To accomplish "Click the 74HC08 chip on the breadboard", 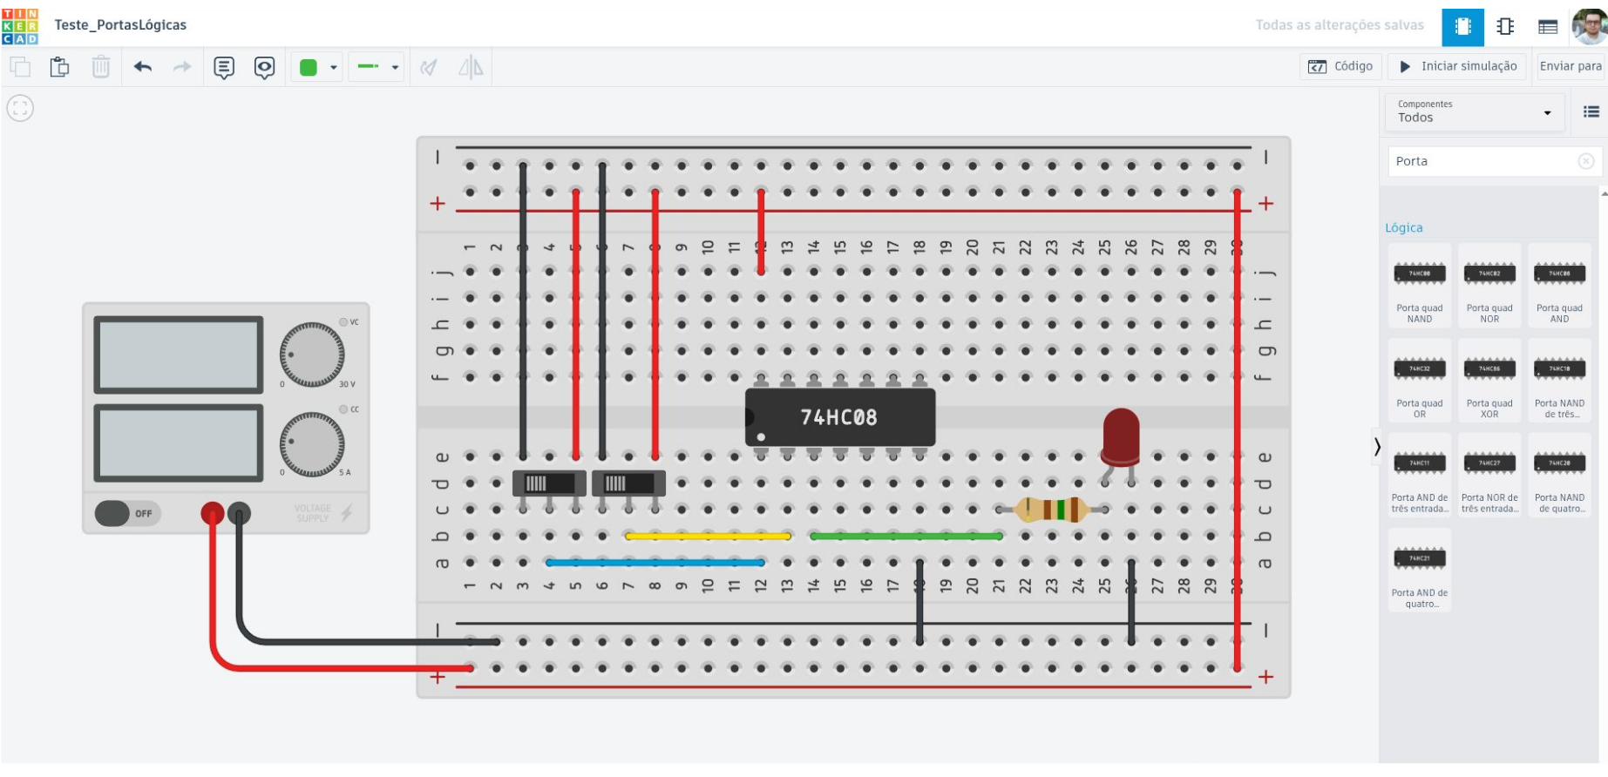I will [x=840, y=417].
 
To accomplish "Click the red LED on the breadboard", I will [x=1120, y=436].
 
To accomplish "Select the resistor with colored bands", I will [x=1052, y=509].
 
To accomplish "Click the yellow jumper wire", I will [x=708, y=537].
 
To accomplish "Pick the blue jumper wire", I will [x=655, y=563].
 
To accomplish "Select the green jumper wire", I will [x=906, y=537].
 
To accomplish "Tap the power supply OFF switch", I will [x=127, y=513].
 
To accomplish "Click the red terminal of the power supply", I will [x=212, y=513].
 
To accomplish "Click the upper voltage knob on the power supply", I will [x=311, y=355].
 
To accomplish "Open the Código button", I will [x=1340, y=66].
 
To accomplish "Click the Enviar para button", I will [x=1570, y=66].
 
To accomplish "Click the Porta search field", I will [x=1482, y=161].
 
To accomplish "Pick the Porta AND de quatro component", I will [x=1420, y=570].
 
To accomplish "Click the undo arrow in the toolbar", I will [x=143, y=67].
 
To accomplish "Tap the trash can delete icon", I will [x=101, y=67].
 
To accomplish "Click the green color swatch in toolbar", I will [x=309, y=67].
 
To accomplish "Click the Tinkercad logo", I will [x=20, y=26].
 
